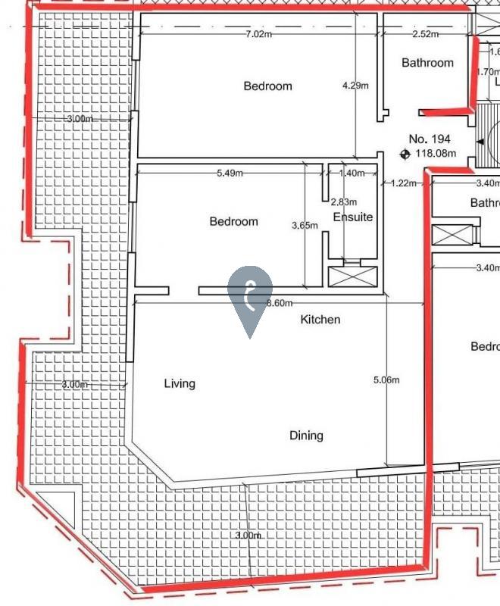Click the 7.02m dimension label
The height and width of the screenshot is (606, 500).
tap(259, 34)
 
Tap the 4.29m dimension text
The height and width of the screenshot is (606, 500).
tap(355, 86)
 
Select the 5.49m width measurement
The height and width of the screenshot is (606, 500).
tap(230, 173)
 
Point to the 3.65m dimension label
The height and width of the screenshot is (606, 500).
tap(305, 225)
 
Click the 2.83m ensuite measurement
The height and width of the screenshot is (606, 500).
tap(343, 201)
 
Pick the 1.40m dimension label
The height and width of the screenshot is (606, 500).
tap(352, 173)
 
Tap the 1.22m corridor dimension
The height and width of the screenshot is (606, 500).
tap(403, 183)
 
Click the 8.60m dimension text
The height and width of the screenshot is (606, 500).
tap(280, 303)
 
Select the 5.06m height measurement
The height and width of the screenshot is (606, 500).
tap(386, 380)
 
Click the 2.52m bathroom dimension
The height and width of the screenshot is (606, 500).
tap(425, 34)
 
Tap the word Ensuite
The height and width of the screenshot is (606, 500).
tap(353, 217)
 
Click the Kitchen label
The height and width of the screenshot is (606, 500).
tap(320, 320)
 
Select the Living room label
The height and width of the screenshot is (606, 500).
tap(180, 383)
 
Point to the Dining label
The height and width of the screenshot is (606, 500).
tap(306, 436)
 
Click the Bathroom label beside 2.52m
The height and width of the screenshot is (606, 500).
tap(427, 63)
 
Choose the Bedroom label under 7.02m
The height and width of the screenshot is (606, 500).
tap(267, 86)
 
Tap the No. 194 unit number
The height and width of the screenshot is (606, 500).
tap(430, 139)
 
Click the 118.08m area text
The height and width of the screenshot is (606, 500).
tap(435, 153)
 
